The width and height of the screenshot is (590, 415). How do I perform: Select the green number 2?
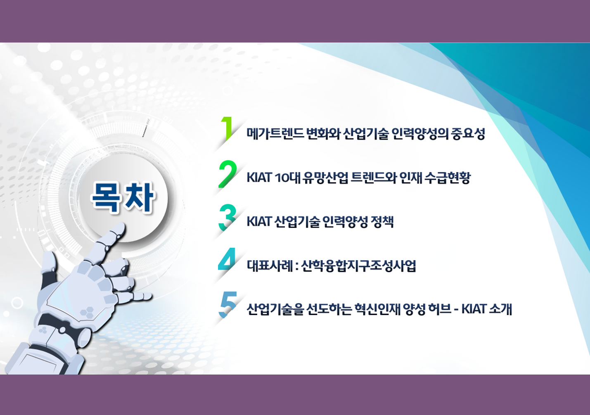227,174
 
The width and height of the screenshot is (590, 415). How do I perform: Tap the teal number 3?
227,218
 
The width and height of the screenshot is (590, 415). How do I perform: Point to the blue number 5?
227,304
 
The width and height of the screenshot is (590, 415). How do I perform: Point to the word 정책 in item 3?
382,222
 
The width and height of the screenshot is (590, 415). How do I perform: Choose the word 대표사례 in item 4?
270,266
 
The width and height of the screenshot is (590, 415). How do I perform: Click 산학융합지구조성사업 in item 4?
358,266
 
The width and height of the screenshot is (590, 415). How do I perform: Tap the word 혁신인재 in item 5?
377,309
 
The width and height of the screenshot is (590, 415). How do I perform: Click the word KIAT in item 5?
474,309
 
